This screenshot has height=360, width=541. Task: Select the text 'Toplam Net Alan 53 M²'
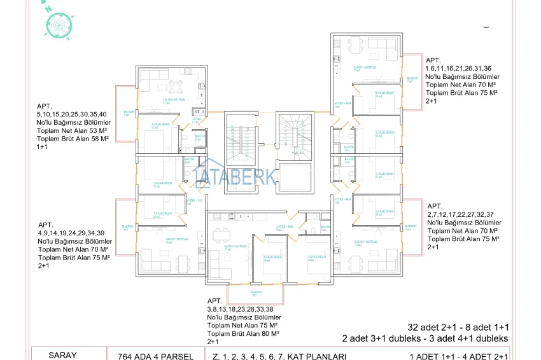coord(73,130)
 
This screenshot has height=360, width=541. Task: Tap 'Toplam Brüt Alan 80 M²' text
coord(244,333)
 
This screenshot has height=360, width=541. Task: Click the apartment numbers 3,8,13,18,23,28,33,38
coord(243,309)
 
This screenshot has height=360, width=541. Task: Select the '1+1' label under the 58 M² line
coord(43,146)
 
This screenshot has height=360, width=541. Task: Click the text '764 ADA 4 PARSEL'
coord(151,356)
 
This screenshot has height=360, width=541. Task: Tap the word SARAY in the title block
coord(62,355)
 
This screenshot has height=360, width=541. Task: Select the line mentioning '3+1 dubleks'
coord(425,338)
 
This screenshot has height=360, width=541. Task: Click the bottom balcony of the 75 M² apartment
coord(255,294)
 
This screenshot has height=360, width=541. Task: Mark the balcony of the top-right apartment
coord(414,79)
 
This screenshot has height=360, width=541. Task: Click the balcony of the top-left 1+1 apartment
coord(125,114)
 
